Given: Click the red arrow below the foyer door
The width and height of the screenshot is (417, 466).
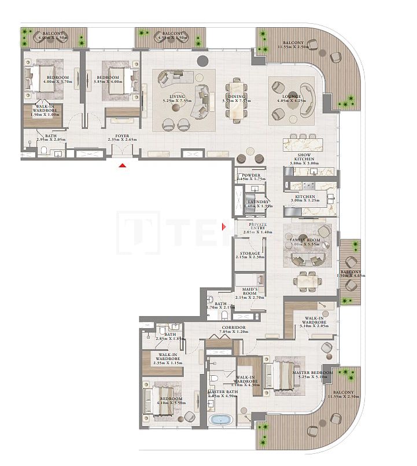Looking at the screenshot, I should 122,166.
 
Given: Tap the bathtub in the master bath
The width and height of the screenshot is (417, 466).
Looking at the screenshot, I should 220,420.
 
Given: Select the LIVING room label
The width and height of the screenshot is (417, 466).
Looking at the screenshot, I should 174,97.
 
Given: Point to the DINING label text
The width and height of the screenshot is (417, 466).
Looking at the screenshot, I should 237,97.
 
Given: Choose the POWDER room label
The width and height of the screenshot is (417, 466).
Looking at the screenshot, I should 251,175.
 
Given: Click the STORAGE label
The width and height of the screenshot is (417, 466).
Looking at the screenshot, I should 250,254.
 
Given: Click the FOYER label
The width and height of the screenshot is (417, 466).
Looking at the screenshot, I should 122,136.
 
